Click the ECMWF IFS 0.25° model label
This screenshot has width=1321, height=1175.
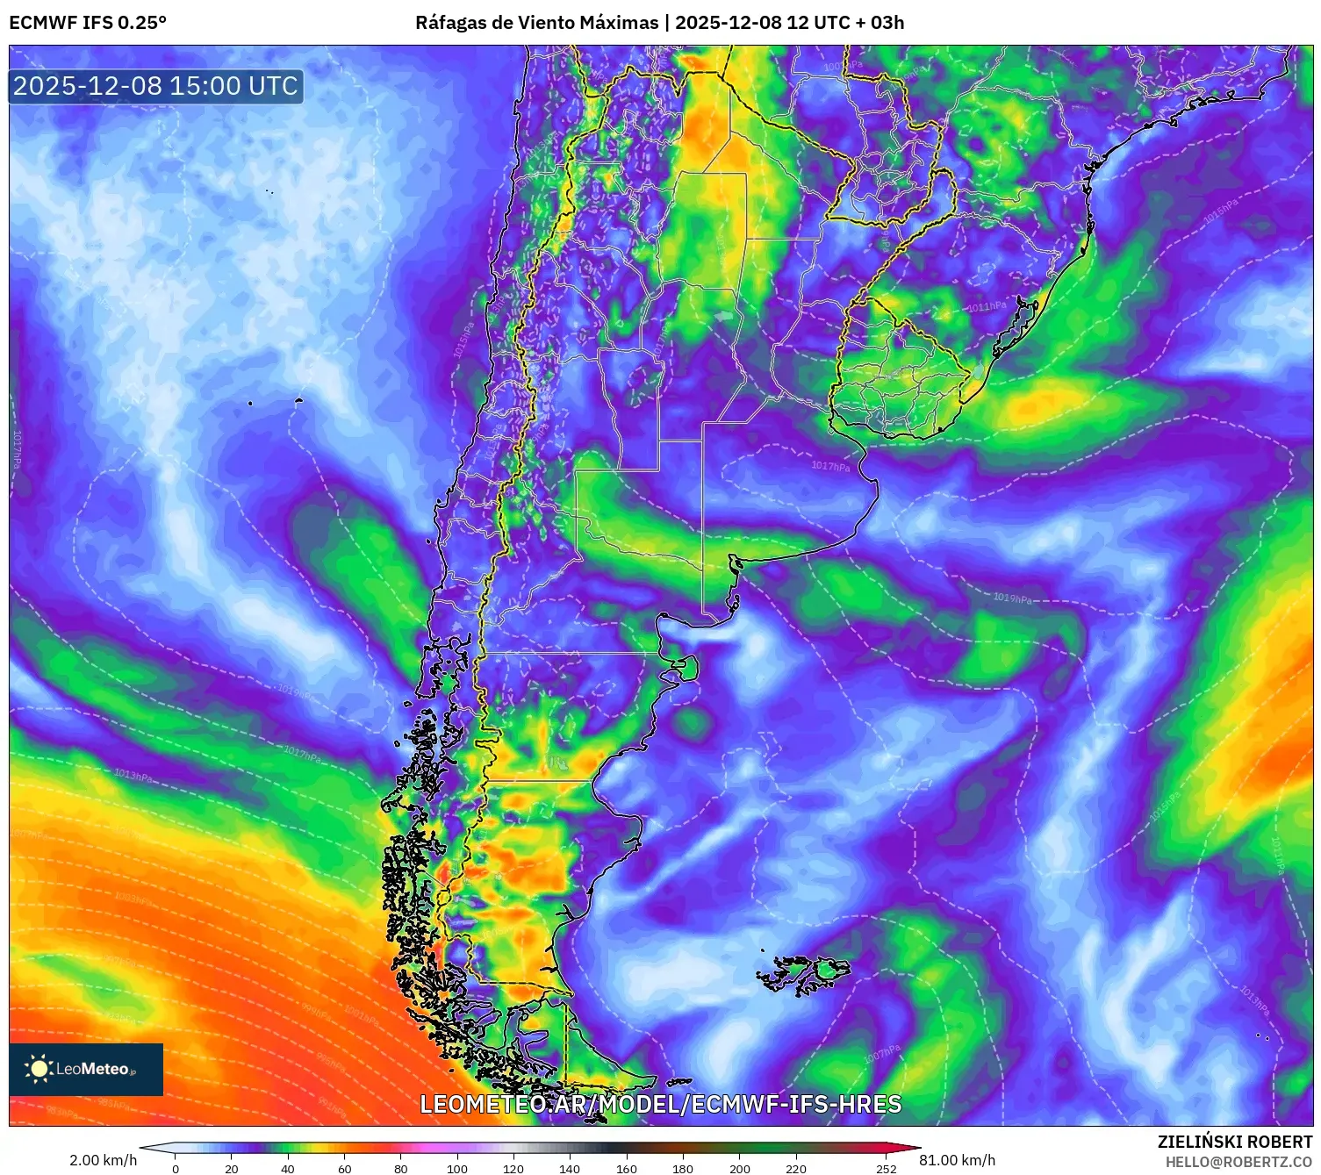pos(88,23)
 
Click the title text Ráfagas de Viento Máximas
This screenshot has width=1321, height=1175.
pos(536,23)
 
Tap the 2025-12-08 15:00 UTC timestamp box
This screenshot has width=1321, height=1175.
pos(155,86)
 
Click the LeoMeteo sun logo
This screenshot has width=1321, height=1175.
pos(39,1068)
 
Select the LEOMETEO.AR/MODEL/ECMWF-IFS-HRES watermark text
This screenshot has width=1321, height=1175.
pos(660,1104)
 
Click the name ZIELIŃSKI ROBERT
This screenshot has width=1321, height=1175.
pos(1234,1142)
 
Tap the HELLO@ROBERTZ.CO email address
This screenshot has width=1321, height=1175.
pos(1238,1162)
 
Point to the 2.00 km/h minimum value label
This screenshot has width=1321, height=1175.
pos(104,1160)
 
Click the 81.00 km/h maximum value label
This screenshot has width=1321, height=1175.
pos(957,1160)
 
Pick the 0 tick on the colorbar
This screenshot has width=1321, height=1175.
pos(176,1168)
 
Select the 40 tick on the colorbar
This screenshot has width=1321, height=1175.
pos(288,1168)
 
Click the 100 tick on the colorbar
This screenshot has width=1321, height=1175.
pos(457,1168)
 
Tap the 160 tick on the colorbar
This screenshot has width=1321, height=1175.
pos(627,1168)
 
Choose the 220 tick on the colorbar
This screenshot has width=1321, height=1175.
pos(796,1168)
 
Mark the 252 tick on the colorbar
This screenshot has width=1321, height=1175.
pos(887,1168)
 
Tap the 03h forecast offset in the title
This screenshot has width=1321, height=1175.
pos(887,23)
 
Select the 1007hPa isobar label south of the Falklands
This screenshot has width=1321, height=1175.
pos(880,1054)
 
